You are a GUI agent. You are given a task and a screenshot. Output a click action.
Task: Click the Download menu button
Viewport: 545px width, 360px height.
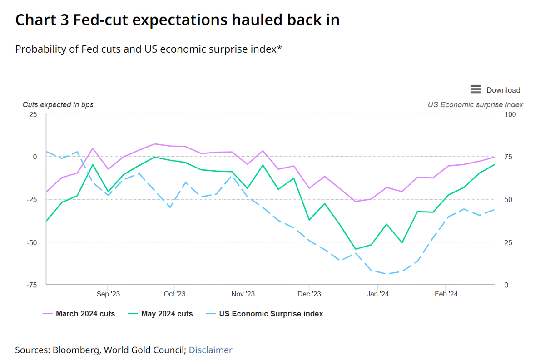click(495, 90)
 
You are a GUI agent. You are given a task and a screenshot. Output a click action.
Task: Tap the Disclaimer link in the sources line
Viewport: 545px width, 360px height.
click(210, 350)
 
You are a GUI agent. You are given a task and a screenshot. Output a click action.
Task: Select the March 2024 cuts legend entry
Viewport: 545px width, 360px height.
click(79, 314)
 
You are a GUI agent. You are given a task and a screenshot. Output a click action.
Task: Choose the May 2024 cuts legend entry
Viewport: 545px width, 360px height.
click(160, 314)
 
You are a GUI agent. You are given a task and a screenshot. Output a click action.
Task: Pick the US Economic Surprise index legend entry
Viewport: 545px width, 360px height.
click(264, 314)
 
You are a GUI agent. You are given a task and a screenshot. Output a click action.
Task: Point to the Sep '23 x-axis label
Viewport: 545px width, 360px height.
click(108, 294)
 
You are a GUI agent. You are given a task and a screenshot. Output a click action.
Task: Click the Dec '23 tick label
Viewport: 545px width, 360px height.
click(309, 294)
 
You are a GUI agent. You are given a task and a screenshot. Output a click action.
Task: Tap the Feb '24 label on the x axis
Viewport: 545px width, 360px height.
click(446, 294)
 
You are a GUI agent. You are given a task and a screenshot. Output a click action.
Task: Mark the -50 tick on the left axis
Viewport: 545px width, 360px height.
click(32, 242)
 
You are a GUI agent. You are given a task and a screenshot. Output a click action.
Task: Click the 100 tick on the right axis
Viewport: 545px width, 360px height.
click(510, 114)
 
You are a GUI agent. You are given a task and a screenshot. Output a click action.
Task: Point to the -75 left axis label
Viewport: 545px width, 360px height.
click(32, 285)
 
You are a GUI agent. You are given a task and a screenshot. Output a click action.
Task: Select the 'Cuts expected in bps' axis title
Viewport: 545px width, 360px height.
click(58, 104)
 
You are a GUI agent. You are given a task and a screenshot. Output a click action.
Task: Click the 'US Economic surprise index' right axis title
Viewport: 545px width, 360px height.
click(476, 104)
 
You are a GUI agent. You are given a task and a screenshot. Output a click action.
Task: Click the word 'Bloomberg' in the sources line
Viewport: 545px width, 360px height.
click(76, 350)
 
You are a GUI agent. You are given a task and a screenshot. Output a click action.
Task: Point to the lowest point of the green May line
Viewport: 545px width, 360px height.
click(356, 249)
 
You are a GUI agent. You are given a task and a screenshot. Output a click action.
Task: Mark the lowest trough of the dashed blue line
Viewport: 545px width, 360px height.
click(387, 274)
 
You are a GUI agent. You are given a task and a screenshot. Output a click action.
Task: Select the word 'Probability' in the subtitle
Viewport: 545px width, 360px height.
click(40, 49)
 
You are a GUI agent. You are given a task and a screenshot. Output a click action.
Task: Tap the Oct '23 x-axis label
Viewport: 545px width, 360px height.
click(174, 294)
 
